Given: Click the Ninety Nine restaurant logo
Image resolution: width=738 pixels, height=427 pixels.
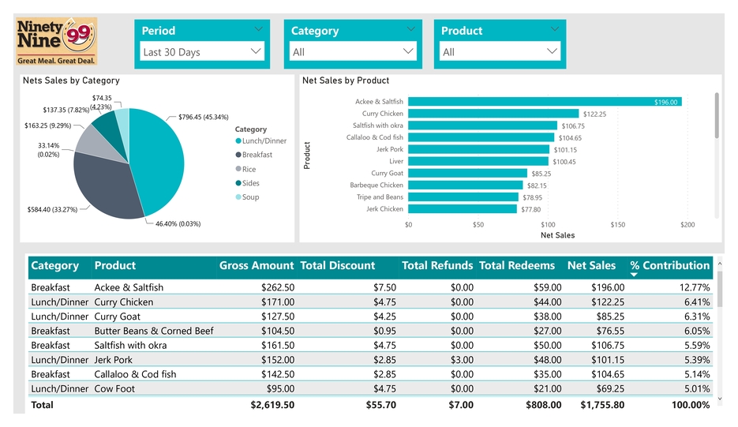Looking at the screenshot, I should (x=57, y=41).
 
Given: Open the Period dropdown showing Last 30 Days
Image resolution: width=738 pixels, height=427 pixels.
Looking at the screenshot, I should (x=201, y=52).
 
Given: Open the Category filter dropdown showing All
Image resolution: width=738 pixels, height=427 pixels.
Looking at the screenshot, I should (x=352, y=52).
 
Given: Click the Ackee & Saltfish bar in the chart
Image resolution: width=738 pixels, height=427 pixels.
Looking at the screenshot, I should (x=545, y=102).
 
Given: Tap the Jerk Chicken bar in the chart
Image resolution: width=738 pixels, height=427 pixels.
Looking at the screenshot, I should (x=463, y=209).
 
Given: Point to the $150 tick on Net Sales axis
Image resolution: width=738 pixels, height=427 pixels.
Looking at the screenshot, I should (x=617, y=225).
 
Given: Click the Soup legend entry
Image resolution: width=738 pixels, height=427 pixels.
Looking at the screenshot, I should (x=249, y=197).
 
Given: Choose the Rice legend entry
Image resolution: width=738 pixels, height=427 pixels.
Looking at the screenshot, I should (x=249, y=169).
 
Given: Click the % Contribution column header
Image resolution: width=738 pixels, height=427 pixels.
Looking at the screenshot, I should (x=669, y=266).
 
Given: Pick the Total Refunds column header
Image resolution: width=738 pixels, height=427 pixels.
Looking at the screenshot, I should (x=437, y=266).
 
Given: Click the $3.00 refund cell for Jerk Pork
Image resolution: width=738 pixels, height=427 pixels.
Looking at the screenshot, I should (x=462, y=360).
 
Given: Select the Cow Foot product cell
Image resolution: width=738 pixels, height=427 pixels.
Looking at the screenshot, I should (x=114, y=388).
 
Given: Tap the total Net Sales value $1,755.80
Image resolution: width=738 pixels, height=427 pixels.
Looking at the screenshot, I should (x=601, y=405).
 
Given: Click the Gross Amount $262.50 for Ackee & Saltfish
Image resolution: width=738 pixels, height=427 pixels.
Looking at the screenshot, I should (x=277, y=288).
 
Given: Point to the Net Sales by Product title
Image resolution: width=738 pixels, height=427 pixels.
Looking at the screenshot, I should (x=346, y=81).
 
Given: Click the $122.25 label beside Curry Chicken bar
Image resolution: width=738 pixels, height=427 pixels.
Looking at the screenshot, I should (x=594, y=114).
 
